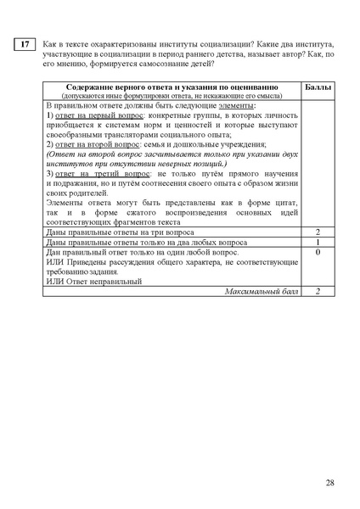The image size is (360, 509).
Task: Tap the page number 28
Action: point(330,483)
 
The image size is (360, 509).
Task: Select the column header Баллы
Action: point(317,87)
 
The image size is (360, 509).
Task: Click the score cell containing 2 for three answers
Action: point(317,232)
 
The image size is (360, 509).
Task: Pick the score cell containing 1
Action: point(317,243)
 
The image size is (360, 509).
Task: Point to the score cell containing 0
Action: point(317,253)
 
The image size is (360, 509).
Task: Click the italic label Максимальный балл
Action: point(263,291)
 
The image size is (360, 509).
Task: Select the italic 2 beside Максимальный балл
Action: point(317,291)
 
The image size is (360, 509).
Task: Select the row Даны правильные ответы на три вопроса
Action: point(119,232)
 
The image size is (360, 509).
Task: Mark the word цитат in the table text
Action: point(282,203)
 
